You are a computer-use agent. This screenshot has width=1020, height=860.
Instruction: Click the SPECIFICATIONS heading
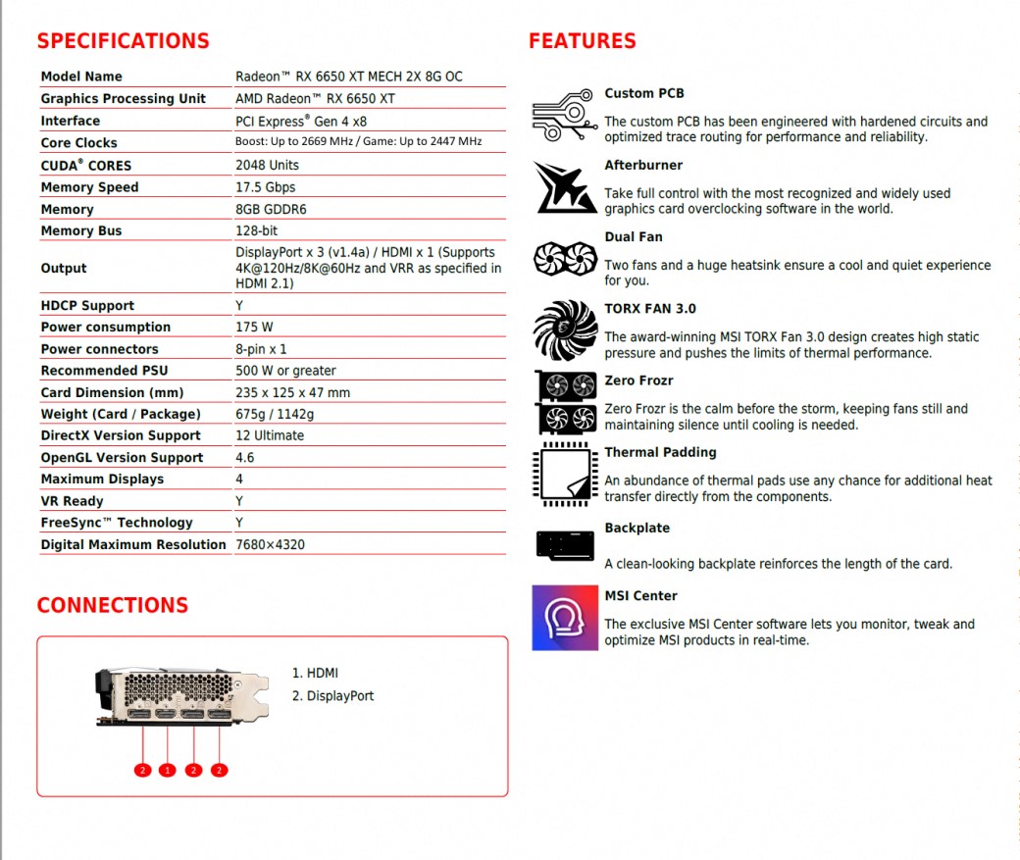point(123,41)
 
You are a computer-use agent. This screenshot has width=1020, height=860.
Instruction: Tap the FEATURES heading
point(582,41)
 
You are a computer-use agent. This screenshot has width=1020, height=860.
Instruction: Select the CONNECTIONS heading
point(112,605)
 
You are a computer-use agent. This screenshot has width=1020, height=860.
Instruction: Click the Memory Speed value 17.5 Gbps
point(265,187)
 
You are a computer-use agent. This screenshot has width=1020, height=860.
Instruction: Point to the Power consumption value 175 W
point(254,328)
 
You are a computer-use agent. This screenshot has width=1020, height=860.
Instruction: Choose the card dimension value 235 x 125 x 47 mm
point(292,392)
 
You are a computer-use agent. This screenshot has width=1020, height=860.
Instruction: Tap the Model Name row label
point(81,76)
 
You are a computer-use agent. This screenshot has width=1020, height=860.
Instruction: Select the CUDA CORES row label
point(85,166)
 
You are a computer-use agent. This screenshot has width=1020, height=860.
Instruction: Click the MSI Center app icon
point(564,618)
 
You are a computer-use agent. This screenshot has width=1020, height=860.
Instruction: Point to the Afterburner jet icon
point(565,187)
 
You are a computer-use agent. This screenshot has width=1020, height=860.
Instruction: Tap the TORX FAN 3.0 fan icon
point(565,330)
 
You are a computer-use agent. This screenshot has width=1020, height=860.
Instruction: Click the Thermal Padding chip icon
point(565,475)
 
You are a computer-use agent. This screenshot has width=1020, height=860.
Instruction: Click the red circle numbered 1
point(168,770)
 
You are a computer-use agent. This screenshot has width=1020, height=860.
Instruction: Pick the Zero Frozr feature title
point(638,380)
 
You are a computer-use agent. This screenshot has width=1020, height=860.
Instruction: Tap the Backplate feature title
point(637,528)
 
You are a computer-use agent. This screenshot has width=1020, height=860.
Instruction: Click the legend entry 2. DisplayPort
point(332,696)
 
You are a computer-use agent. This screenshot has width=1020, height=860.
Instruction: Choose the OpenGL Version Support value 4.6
point(245,458)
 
